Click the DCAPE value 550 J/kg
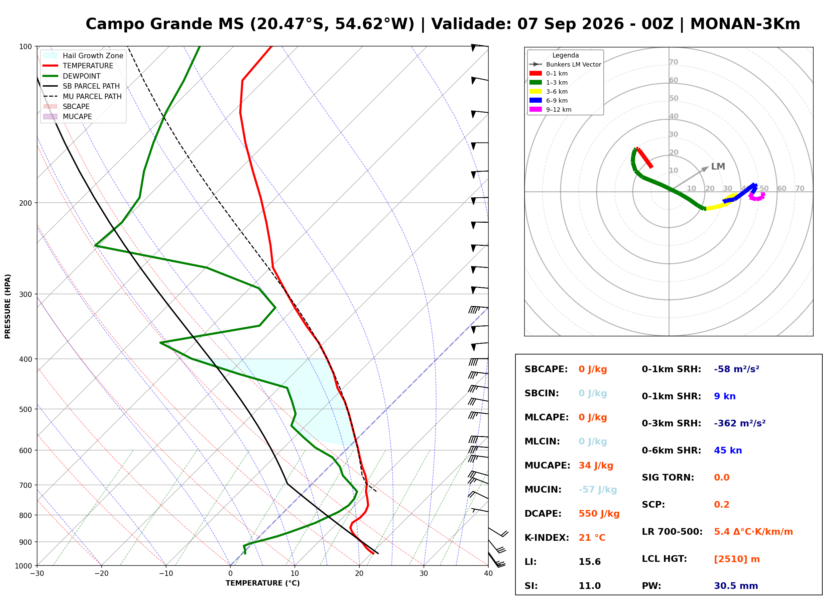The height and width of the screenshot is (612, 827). [x=599, y=514]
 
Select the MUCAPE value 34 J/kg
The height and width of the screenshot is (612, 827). [x=596, y=466]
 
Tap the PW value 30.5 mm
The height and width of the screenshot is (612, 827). [x=736, y=586]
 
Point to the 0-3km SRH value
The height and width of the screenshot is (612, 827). [x=740, y=423]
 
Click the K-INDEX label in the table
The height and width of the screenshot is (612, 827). [x=547, y=538]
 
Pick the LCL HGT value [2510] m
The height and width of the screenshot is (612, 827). [x=737, y=559]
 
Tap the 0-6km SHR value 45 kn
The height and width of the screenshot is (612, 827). [x=728, y=450]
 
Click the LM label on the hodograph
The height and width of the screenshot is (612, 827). [x=718, y=167]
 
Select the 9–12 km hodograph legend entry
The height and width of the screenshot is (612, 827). [x=551, y=110]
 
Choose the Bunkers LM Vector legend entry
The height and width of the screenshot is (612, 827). [x=565, y=65]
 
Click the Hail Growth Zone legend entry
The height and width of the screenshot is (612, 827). [x=83, y=56]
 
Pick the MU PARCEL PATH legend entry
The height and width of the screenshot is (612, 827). [x=83, y=96]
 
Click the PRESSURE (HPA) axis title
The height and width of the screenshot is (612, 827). [x=8, y=306]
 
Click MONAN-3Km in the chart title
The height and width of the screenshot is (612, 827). [x=745, y=24]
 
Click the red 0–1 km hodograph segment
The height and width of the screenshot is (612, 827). [x=644, y=158]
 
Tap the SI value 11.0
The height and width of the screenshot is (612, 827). [x=589, y=586]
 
